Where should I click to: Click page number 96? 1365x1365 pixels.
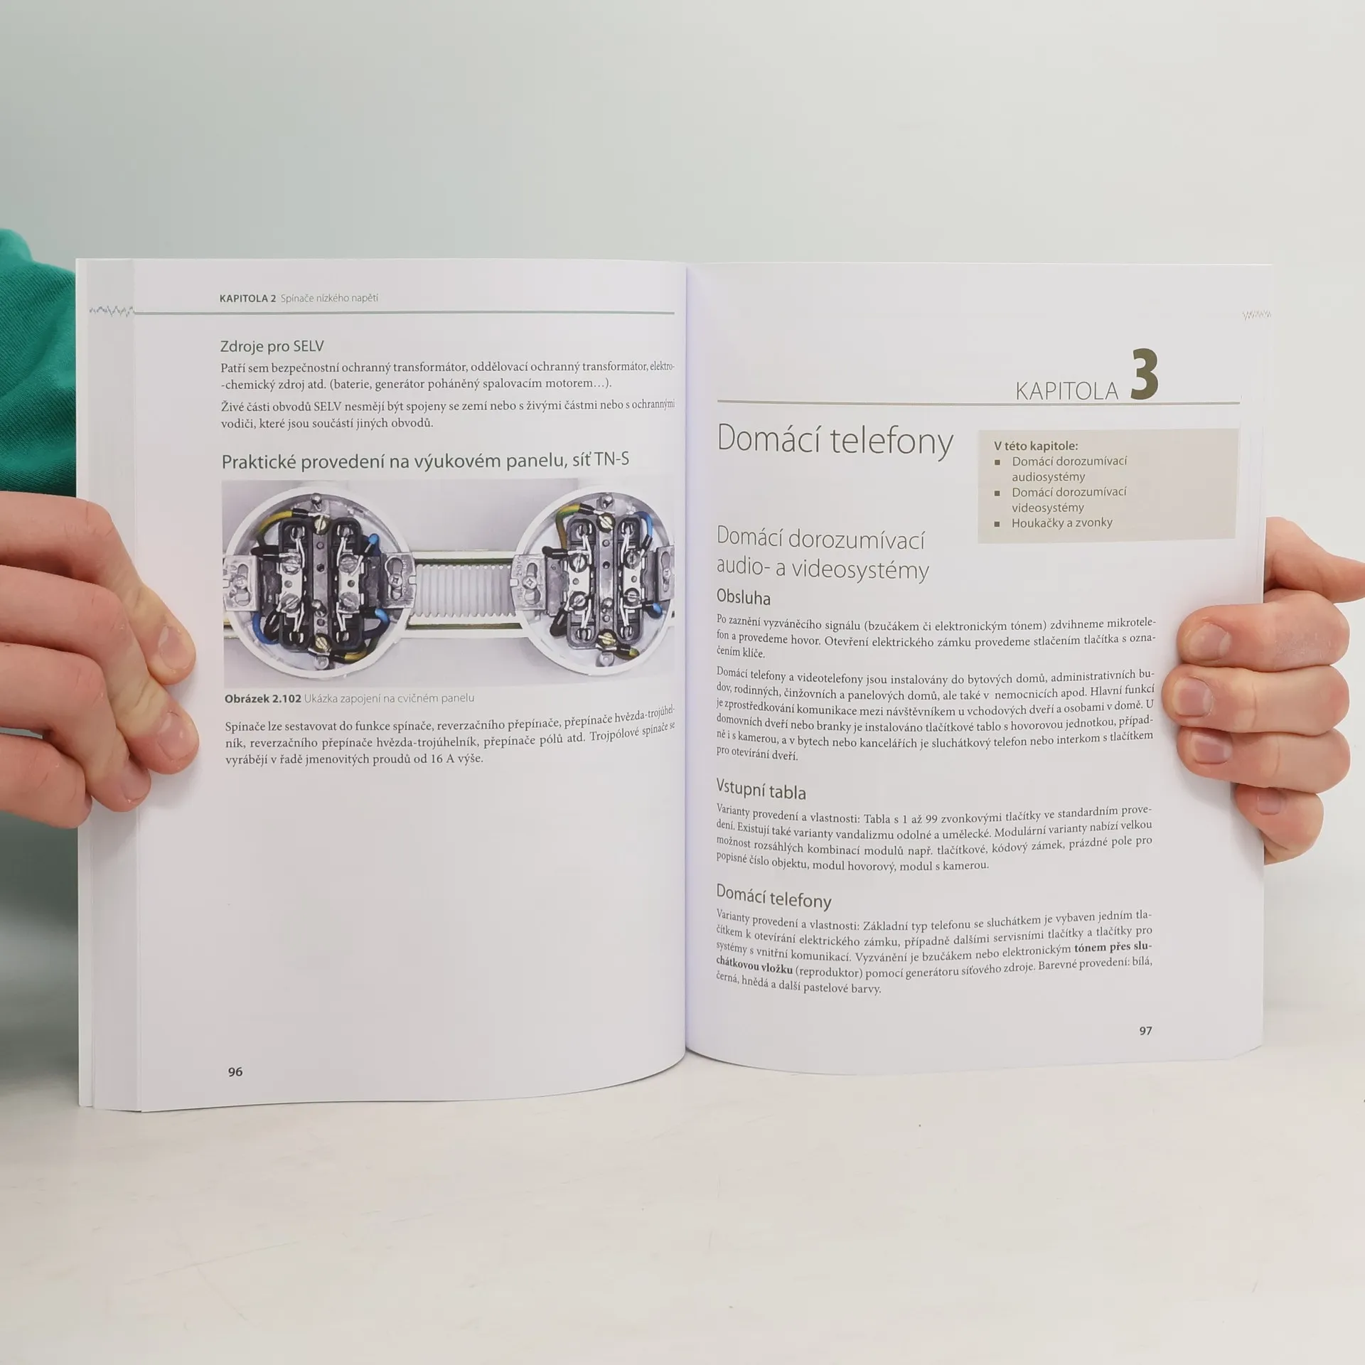pyautogui.click(x=235, y=1071)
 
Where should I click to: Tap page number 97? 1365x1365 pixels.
pyautogui.click(x=1145, y=1030)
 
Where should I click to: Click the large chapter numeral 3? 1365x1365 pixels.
pyautogui.click(x=1145, y=374)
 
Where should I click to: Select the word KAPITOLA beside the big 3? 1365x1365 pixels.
pyautogui.click(x=1066, y=390)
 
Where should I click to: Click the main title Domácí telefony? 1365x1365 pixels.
pyautogui.click(x=835, y=440)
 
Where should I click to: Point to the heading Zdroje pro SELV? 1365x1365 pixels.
pyautogui.click(x=272, y=346)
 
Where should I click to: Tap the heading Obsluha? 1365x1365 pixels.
pyautogui.click(x=744, y=597)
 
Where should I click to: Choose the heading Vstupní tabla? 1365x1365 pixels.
pyautogui.click(x=761, y=790)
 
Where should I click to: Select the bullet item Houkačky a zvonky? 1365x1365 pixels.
pyautogui.click(x=1062, y=523)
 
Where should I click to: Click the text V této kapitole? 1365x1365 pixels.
pyautogui.click(x=1036, y=446)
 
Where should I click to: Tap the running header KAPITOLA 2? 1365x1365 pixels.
pyautogui.click(x=247, y=298)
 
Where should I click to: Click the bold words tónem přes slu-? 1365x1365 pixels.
pyautogui.click(x=1113, y=947)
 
